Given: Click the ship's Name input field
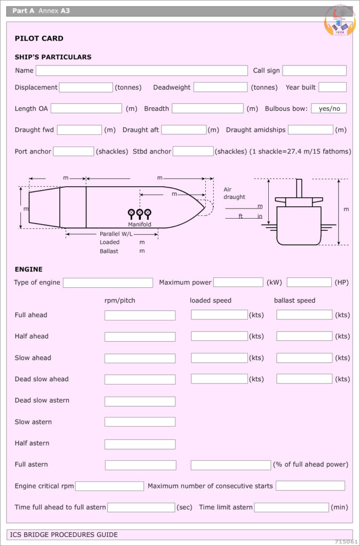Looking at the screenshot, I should click(141, 70).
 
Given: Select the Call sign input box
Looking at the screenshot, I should click(314, 70).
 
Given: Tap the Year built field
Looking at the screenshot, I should click(332, 87).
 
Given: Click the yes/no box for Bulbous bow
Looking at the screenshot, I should click(329, 108).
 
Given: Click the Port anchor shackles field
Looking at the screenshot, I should click(73, 151).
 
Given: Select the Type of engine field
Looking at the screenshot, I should click(108, 283).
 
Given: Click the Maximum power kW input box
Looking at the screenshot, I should click(238, 282).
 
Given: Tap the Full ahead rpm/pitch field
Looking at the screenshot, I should click(140, 315).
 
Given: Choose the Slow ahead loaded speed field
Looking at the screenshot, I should click(219, 358).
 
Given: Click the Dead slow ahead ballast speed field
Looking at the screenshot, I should click(304, 379).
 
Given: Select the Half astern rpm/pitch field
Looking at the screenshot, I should click(140, 444).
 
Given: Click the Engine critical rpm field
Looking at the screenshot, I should click(109, 486).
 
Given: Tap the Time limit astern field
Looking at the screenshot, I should click(291, 507).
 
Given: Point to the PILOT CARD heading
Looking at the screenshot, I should click(39, 38).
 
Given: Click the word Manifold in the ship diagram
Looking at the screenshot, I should click(139, 224).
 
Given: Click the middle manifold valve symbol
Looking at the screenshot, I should click(140, 213).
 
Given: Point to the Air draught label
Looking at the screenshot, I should click(234, 193).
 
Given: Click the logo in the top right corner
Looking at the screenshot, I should click(339, 21).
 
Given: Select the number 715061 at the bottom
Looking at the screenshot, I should click(346, 541).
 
